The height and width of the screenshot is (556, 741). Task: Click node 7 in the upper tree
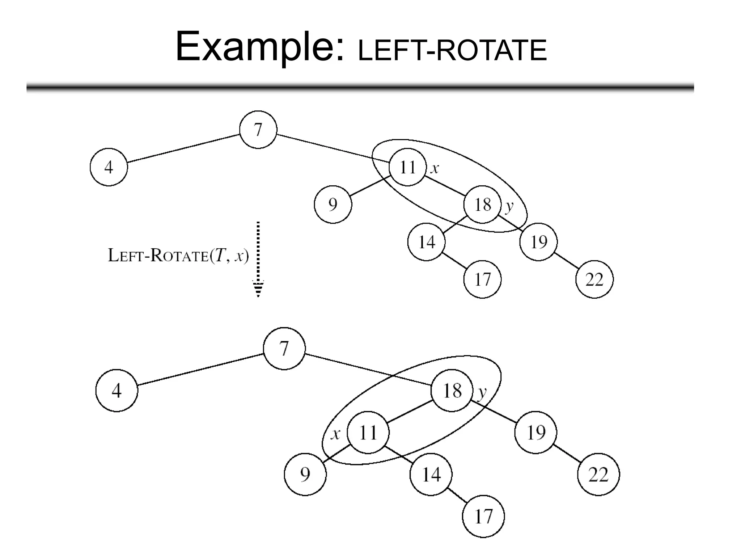(258, 130)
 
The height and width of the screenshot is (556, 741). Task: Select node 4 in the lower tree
(117, 391)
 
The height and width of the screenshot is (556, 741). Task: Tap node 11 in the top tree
(407, 167)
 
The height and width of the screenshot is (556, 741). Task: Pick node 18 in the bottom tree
(452, 391)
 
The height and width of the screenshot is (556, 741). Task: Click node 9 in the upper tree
(333, 205)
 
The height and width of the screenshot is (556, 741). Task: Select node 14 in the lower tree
(431, 474)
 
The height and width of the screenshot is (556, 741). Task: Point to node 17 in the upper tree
(482, 279)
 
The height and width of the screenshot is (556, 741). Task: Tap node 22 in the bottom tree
(598, 474)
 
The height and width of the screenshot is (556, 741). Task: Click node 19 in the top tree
(538, 242)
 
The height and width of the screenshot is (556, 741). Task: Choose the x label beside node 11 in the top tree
(435, 168)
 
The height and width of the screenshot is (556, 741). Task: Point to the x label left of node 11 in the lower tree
(335, 433)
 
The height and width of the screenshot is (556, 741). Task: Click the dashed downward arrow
(258, 259)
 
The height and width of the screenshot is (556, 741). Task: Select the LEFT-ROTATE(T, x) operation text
(178, 256)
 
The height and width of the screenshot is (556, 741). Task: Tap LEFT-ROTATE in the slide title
(452, 51)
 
